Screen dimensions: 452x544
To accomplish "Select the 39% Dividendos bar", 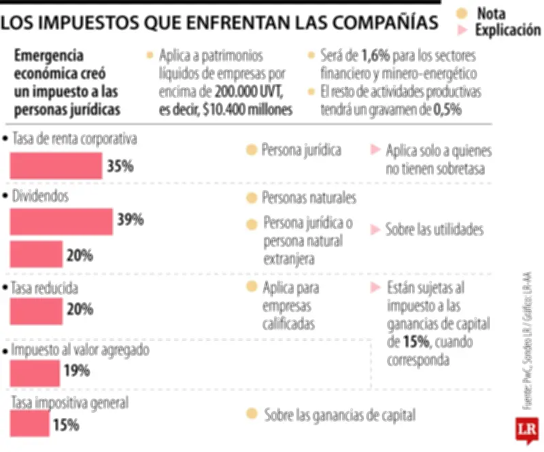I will (61, 221).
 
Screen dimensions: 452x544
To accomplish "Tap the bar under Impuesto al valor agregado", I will (35, 373).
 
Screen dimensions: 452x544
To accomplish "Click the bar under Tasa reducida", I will (35, 311).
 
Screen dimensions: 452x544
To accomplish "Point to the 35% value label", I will (120, 166).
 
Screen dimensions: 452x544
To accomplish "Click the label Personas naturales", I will (309, 198).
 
